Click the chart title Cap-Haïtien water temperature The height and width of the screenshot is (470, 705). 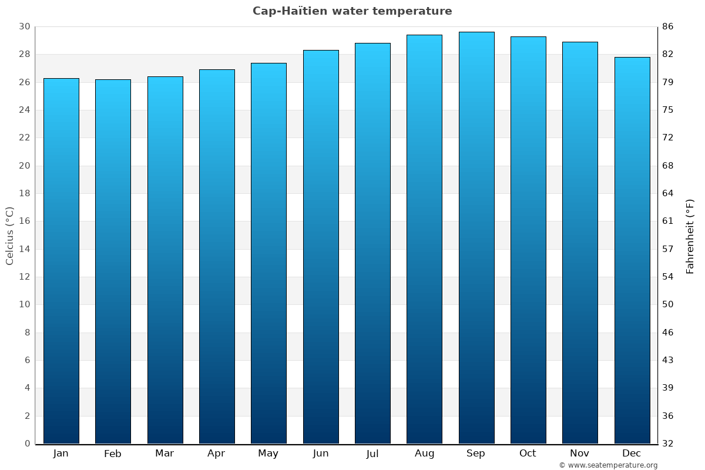352,11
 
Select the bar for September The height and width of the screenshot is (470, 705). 476,238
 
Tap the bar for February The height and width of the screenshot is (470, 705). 113,261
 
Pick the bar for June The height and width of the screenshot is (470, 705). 321,247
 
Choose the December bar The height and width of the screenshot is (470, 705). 632,250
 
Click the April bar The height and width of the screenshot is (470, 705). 217,257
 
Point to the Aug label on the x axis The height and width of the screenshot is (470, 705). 424,454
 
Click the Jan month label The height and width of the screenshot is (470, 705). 61,454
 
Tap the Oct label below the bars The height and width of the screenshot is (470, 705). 528,454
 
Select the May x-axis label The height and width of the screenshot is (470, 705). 268,454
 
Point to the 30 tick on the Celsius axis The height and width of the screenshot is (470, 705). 25,27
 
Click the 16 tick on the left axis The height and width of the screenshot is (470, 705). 25,221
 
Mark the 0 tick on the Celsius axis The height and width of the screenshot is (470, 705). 27,444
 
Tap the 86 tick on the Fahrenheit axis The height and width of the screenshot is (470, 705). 667,27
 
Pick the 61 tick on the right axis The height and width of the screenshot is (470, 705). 667,221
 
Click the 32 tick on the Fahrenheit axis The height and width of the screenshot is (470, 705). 667,444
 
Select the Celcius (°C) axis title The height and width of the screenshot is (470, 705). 10,236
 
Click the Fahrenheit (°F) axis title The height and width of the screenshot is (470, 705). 690,236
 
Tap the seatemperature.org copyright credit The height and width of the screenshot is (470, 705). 608,465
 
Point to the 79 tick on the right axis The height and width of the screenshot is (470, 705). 667,82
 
